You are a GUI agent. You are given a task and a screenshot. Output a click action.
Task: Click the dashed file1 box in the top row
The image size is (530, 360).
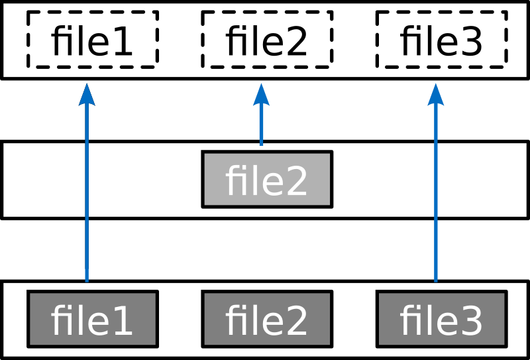[x=92, y=39]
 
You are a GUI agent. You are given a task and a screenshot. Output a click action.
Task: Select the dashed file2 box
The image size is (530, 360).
[x=266, y=39]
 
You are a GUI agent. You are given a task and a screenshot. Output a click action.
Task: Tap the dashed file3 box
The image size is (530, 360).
[x=441, y=39]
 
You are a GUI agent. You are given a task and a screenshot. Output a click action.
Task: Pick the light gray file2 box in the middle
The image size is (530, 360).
[x=266, y=180]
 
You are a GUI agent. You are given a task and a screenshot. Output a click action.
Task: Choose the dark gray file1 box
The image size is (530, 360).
[x=92, y=319]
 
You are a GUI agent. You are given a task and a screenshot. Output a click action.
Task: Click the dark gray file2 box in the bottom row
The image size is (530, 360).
[x=266, y=319]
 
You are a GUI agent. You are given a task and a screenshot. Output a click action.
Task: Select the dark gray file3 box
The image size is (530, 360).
[x=441, y=319]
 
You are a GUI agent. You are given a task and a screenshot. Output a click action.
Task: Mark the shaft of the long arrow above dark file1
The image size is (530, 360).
[x=87, y=199]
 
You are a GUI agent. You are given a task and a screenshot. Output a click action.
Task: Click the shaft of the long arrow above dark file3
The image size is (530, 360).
[x=435, y=199]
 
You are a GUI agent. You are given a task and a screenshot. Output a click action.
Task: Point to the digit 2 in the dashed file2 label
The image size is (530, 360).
[x=295, y=42]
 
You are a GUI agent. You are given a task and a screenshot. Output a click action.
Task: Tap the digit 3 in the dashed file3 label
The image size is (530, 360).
[x=470, y=42]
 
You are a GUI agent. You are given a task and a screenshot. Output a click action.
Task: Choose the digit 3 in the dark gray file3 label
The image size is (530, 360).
[x=470, y=322]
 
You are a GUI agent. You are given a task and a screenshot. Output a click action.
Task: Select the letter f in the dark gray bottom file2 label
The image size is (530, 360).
[x=233, y=320]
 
